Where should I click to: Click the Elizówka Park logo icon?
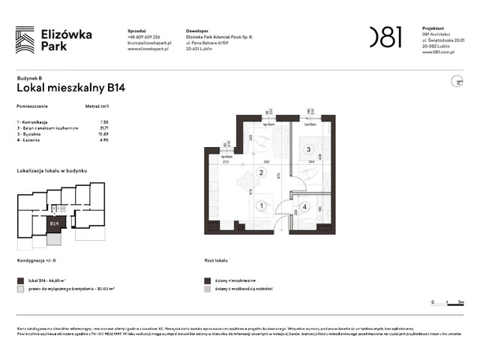(x=25, y=39)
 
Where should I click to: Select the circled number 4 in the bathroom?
(x=304, y=206)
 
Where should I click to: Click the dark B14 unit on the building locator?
(x=55, y=223)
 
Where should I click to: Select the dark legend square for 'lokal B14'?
(x=19, y=278)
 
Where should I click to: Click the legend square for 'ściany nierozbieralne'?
(x=207, y=278)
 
